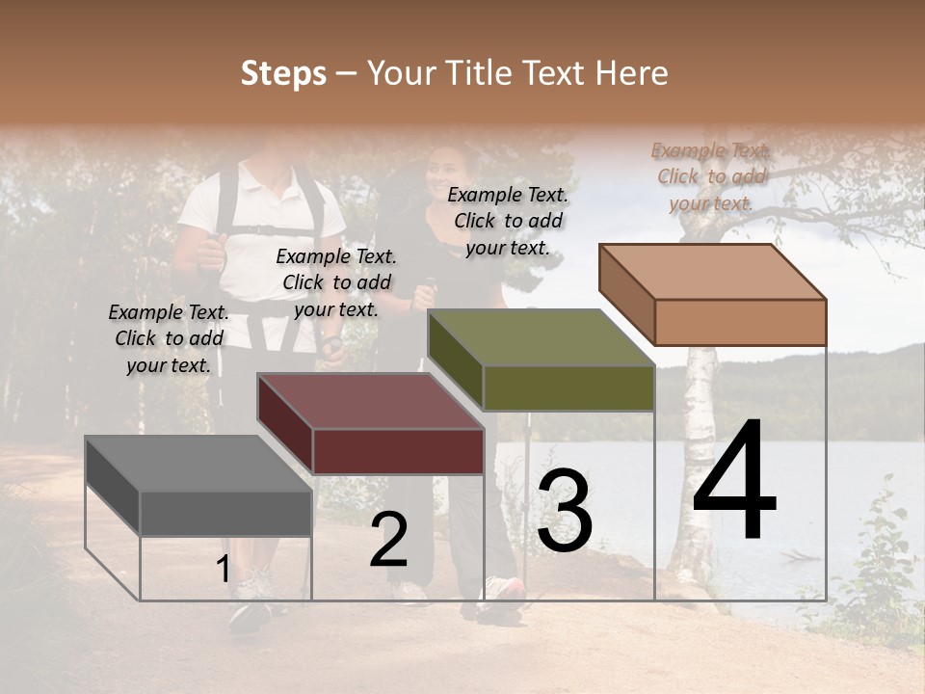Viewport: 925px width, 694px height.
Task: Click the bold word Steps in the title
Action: [x=283, y=73]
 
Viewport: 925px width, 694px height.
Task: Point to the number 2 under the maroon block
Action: [x=389, y=540]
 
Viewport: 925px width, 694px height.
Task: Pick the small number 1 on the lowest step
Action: [x=223, y=570]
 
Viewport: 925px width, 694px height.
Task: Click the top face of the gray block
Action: [x=198, y=464]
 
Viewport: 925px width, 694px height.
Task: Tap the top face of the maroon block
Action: [x=370, y=401]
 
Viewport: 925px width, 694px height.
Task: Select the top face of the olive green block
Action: [x=541, y=337]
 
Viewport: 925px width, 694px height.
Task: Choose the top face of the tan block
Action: [x=713, y=272]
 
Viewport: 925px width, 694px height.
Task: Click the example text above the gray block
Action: [x=169, y=338]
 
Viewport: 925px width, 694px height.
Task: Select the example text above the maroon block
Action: [x=336, y=282]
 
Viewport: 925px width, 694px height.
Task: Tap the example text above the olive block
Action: [x=508, y=221]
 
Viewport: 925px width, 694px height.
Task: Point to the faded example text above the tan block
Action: [x=711, y=176]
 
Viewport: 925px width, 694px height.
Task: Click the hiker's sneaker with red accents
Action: [x=503, y=590]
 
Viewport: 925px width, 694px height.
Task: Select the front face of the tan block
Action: [x=740, y=322]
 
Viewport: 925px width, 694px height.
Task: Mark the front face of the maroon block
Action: [x=398, y=451]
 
